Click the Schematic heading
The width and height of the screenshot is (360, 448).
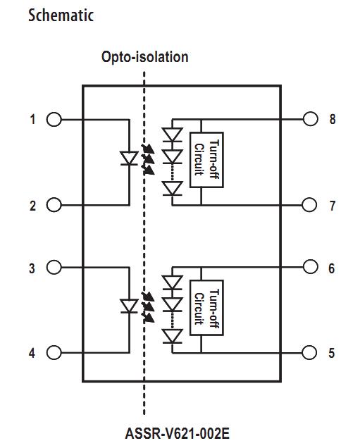(x=61, y=15)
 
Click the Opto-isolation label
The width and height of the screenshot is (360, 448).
(x=144, y=56)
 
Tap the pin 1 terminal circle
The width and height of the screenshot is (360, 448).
(x=54, y=119)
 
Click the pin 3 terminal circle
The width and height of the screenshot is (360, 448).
(x=54, y=268)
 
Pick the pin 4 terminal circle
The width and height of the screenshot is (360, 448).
(x=54, y=353)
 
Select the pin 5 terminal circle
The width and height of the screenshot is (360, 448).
(x=310, y=353)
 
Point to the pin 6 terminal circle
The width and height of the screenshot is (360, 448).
(x=310, y=268)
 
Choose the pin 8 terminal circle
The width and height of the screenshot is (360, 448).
(x=310, y=119)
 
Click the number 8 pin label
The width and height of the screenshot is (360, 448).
(x=332, y=119)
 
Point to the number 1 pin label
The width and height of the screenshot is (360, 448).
(x=32, y=119)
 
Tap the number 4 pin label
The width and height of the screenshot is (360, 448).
(x=32, y=353)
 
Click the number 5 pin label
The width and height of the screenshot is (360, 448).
(x=332, y=353)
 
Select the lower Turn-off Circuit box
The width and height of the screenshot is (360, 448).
(x=206, y=308)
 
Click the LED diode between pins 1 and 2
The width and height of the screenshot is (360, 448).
(x=128, y=158)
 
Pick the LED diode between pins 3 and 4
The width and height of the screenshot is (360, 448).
(x=128, y=306)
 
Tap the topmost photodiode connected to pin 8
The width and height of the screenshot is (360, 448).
(x=171, y=134)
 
